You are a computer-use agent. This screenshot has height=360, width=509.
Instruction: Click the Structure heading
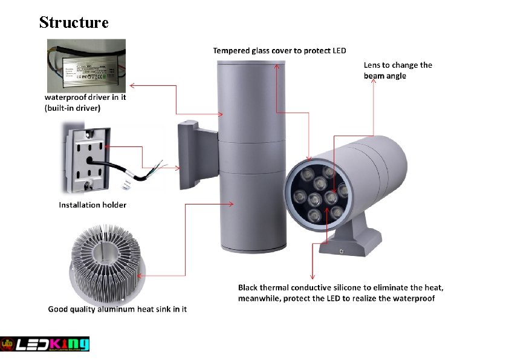(x=74, y=22)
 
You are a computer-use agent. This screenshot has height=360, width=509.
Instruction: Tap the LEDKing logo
(x=45, y=344)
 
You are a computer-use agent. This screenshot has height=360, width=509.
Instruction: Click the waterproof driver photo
(x=86, y=65)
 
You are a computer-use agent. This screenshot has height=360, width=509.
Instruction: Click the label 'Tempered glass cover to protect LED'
(x=279, y=50)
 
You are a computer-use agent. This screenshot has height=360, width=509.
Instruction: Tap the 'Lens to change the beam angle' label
(x=398, y=70)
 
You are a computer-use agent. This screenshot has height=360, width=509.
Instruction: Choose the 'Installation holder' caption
(x=92, y=205)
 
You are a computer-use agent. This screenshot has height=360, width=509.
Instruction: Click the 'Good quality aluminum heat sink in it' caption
(x=117, y=309)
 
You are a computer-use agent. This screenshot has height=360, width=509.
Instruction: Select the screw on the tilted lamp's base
(x=342, y=250)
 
